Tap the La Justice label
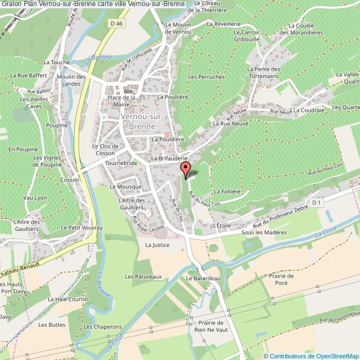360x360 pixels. pos(157,244)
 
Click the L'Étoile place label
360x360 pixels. pos(222,226)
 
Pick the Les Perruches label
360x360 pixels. pos(207,76)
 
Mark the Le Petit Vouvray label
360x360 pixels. pos(79,227)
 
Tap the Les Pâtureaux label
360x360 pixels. pos(143,276)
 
